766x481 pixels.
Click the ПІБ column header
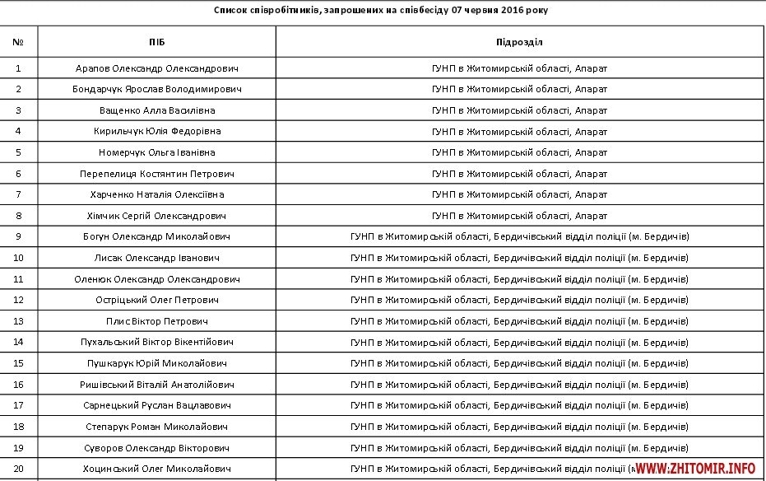(156, 41)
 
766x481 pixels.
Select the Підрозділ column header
(519, 41)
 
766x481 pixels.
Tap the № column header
(18, 41)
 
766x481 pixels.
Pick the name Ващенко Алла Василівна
(156, 110)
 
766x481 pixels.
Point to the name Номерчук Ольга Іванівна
(156, 152)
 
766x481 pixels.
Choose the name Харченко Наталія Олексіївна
(156, 194)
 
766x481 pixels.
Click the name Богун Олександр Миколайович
(156, 236)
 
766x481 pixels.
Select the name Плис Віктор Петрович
(156, 320)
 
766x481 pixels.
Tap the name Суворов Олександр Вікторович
(156, 447)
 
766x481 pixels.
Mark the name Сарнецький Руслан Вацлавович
(156, 405)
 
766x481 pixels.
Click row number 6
(18, 174)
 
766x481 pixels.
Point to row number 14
(18, 342)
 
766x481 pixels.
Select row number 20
(18, 468)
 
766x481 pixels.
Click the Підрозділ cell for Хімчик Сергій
(519, 216)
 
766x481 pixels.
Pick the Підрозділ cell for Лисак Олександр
(519, 258)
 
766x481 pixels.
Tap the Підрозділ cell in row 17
(519, 405)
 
